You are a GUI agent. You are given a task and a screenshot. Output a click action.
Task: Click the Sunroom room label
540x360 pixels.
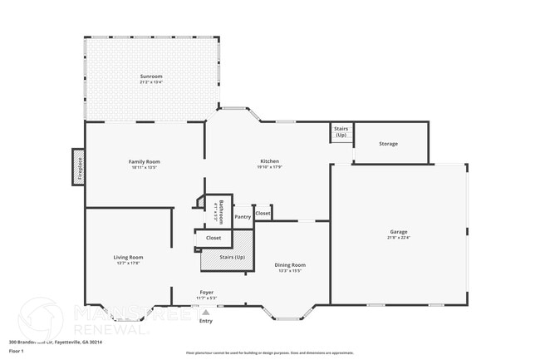tap(151, 76)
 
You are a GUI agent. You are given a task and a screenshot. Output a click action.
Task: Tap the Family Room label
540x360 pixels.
tap(144, 161)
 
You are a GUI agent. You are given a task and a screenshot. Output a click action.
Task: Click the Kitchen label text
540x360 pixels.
tap(269, 161)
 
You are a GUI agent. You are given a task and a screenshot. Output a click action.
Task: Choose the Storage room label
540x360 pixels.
tap(388, 144)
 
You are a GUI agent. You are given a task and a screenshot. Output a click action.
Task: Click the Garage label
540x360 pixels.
tap(399, 231)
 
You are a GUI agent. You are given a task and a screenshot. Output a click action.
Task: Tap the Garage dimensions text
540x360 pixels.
tap(399, 238)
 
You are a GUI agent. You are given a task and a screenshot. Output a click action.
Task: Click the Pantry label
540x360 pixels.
tap(243, 217)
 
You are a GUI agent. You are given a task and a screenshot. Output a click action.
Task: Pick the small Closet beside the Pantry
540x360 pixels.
tap(263, 213)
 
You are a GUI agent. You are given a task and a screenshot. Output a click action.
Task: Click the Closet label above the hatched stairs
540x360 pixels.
tap(214, 238)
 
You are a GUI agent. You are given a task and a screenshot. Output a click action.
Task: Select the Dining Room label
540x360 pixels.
tap(290, 264)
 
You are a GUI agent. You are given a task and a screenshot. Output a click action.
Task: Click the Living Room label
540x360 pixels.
tap(128, 257)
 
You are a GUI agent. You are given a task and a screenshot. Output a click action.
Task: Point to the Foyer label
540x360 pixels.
tap(206, 293)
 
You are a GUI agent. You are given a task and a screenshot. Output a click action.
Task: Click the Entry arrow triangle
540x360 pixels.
tap(205, 312)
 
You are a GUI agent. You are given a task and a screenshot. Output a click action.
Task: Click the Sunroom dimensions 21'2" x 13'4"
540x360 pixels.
tap(151, 82)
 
